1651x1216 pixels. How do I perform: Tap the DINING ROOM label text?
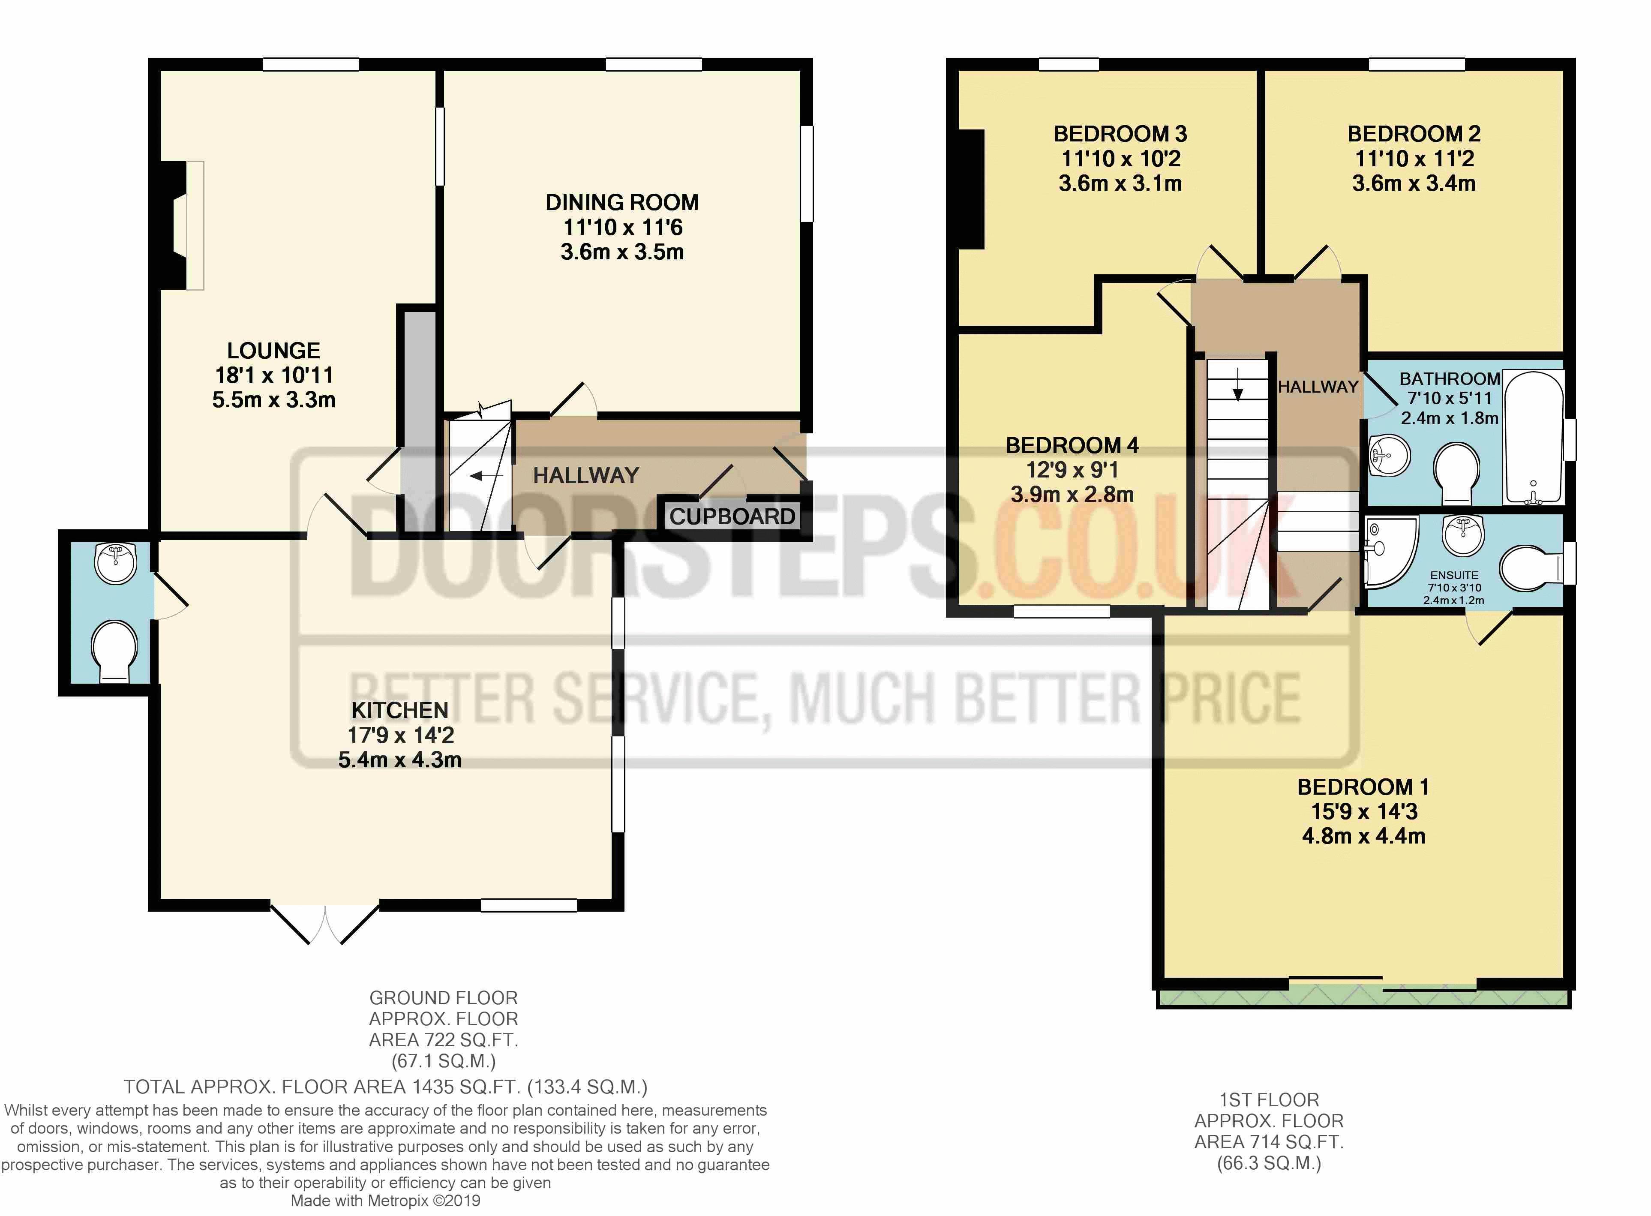(622, 202)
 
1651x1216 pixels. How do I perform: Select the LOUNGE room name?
(274, 350)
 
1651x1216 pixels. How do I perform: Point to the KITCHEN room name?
(400, 710)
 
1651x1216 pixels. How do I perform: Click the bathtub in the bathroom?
(1533, 437)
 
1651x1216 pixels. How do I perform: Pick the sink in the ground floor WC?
(116, 563)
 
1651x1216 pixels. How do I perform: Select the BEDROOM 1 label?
(1363, 787)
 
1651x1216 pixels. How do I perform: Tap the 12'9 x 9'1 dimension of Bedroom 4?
(1072, 470)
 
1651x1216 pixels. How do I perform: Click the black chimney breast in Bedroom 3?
(972, 189)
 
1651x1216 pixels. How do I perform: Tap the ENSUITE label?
(1454, 575)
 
